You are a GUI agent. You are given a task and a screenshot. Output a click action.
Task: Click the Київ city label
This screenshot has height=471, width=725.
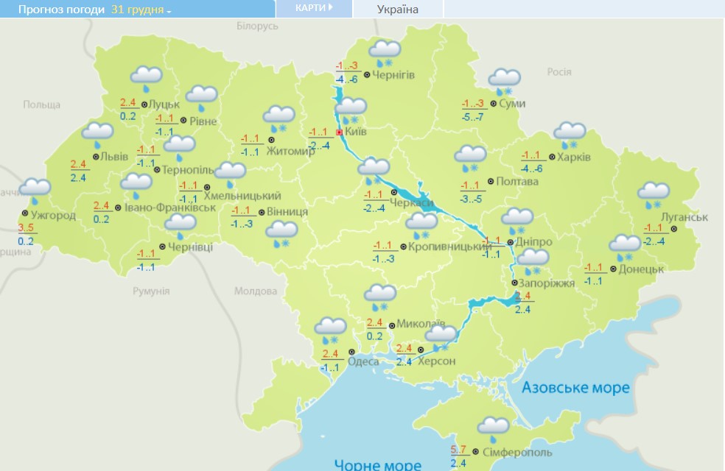pos(357,132)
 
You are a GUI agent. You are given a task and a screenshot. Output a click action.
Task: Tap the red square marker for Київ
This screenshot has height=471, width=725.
pos(339,132)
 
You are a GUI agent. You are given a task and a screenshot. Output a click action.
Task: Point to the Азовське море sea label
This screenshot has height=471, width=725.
pos(575,387)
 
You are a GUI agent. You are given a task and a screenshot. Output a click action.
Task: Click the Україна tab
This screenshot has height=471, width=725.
pos(397,10)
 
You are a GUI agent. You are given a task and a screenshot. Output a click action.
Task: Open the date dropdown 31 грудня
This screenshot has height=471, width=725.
pos(141,10)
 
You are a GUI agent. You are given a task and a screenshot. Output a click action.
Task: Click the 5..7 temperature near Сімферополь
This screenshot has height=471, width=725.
pos(458,449)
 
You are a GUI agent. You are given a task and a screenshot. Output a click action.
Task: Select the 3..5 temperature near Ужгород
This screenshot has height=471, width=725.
pos(26,227)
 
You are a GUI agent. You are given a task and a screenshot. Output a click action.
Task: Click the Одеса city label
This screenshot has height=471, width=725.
pos(363,361)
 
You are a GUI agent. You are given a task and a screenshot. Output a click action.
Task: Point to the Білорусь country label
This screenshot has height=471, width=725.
pos(258,26)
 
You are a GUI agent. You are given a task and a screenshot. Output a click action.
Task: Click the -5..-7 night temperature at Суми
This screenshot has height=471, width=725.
pos(472,117)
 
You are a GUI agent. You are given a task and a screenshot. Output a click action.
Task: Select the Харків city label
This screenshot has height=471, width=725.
pos(574,157)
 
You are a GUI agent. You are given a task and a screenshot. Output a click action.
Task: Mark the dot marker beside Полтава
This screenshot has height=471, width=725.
pos(490,181)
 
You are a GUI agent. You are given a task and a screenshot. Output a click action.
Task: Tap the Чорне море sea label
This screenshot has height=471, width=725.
pos(377,464)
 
